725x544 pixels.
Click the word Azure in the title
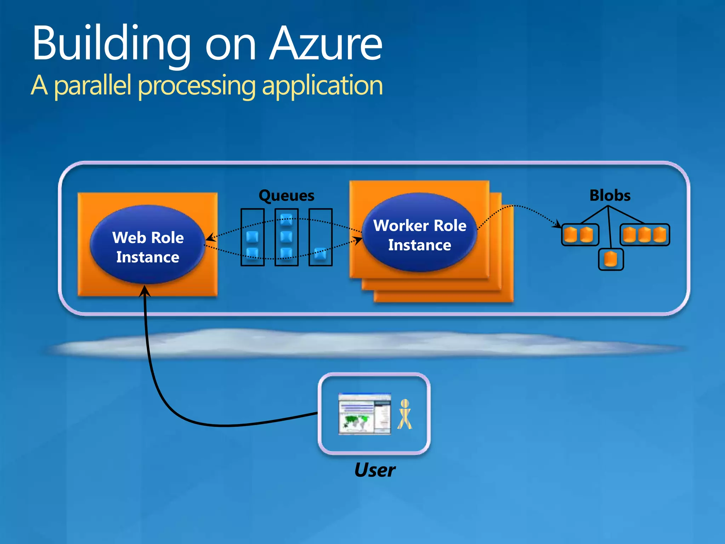326,44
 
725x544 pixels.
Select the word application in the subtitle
322,86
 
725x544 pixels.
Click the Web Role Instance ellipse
148,244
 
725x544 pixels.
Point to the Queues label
286,195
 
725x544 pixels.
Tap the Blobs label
610,195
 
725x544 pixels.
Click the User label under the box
375,470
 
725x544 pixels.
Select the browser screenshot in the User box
365,414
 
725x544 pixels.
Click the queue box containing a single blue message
320,237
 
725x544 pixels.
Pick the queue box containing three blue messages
286,237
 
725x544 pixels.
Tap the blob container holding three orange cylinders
644,235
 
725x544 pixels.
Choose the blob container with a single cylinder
611,259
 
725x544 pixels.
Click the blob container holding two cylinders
580,235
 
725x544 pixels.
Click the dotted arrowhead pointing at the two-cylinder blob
558,224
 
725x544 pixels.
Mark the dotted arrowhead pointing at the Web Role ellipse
210,238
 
